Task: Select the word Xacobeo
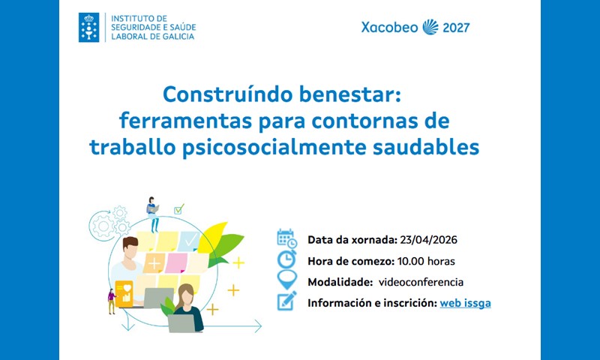click(389, 28)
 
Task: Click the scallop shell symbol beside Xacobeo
click(430, 28)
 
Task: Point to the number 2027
click(456, 28)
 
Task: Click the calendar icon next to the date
click(286, 238)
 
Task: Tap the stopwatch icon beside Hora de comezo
click(286, 259)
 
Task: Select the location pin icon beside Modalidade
click(286, 280)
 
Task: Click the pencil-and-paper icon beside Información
click(286, 301)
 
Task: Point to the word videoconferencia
click(421, 282)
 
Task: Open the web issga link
click(465, 303)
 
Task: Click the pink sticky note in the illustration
click(177, 262)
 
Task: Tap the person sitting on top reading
click(153, 212)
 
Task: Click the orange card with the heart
click(124, 293)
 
